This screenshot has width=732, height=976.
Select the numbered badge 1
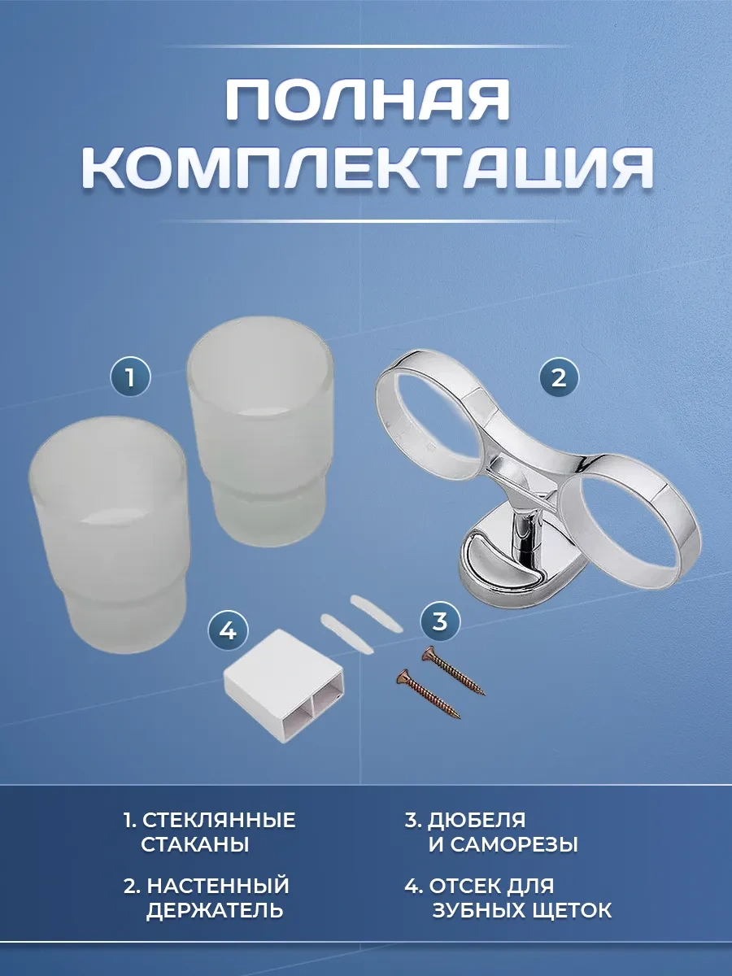click(x=130, y=378)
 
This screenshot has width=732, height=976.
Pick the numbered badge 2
click(x=559, y=378)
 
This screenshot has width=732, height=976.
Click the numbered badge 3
click(x=439, y=621)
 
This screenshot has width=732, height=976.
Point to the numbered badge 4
click(x=229, y=630)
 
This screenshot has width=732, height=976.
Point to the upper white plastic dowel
click(x=376, y=612)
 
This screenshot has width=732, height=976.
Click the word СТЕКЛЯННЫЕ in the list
click(x=219, y=820)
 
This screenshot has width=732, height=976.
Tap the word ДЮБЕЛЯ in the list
click(x=477, y=821)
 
